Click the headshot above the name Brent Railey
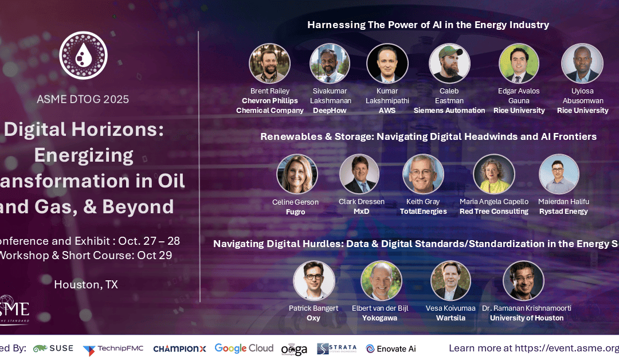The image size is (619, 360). coord(269,64)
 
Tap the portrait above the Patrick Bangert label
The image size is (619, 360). coord(314,281)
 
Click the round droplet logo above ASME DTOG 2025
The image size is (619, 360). coord(83,56)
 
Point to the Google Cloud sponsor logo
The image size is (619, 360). coord(244,348)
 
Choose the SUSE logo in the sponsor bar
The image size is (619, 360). coord(53,349)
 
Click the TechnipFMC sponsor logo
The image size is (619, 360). coord(113,349)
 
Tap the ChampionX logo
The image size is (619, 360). coord(180,349)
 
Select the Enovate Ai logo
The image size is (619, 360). coord(391,349)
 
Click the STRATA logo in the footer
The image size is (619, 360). coord(336,349)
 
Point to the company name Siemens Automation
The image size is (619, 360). coord(449,111)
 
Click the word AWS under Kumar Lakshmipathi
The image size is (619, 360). coord(387,111)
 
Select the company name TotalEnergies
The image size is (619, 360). coord(423,212)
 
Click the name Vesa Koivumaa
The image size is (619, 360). coord(450,308)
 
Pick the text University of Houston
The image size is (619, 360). coord(526,318)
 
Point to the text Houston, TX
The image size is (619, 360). coord(86,284)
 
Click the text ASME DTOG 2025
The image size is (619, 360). coord(83,99)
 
